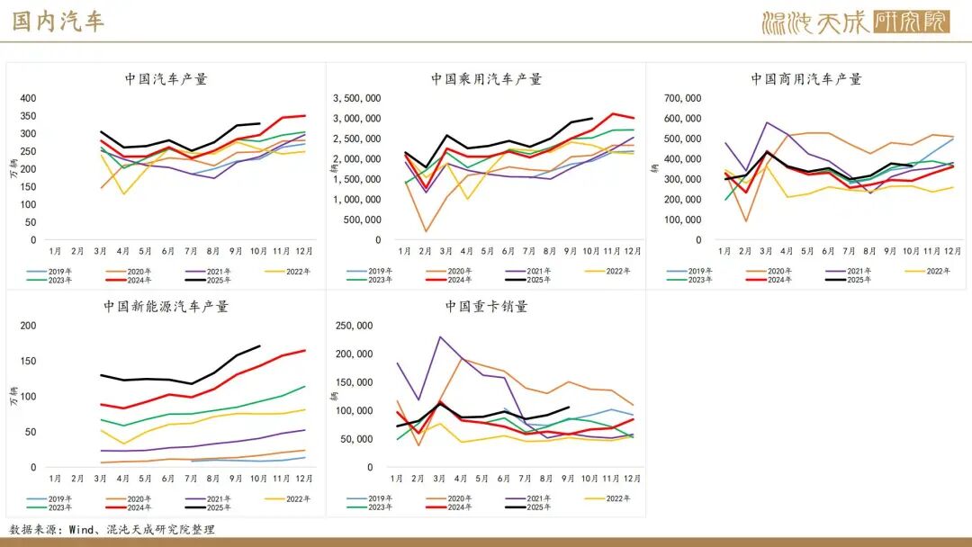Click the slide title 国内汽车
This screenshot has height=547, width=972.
point(58,22)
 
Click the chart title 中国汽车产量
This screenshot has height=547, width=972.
point(166,79)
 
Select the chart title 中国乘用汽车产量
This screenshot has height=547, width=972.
point(486,79)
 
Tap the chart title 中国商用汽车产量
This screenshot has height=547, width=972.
point(806,79)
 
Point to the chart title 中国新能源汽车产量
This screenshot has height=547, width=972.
point(166,307)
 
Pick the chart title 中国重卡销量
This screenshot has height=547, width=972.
point(486,307)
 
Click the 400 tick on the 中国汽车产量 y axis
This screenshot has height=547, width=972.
point(28,98)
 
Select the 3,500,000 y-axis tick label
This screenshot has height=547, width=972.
point(356,98)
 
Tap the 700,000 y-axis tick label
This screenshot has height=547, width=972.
point(681,98)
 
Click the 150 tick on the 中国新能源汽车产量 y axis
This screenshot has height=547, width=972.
point(28,361)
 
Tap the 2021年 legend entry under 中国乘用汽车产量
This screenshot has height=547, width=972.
point(530,271)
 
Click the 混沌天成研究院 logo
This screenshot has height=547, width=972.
point(855,22)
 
